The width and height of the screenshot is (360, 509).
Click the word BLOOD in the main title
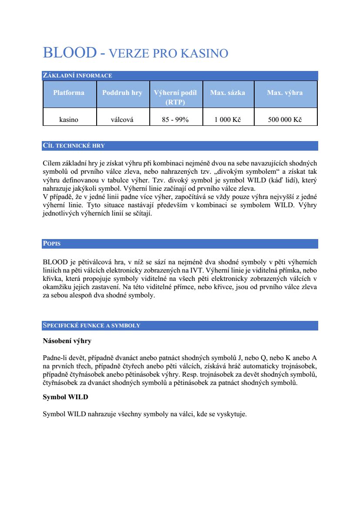pyautogui.click(x=69, y=53)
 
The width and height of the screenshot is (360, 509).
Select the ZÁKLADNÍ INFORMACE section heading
pyautogui.click(x=77, y=76)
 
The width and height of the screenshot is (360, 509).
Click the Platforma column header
pyautogui.click(x=69, y=93)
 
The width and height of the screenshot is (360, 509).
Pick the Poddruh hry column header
pyautogui.click(x=122, y=93)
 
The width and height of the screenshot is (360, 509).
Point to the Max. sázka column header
pyautogui.click(x=228, y=93)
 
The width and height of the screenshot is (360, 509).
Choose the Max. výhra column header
pyautogui.click(x=285, y=93)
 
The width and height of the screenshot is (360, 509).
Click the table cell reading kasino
pyautogui.click(x=69, y=120)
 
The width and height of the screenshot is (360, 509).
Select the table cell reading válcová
pyautogui.click(x=122, y=120)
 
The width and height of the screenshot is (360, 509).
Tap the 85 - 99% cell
pyautogui.click(x=175, y=120)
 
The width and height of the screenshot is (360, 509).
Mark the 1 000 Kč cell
pyautogui.click(x=228, y=120)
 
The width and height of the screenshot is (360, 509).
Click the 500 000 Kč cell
pyautogui.click(x=285, y=120)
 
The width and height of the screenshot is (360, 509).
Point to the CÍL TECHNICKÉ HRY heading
pyautogui.click(x=74, y=146)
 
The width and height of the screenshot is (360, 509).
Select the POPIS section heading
pyautogui.click(x=52, y=244)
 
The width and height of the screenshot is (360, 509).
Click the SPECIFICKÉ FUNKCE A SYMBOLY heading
pyautogui.click(x=91, y=326)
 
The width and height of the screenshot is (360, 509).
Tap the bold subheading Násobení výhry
pyautogui.click(x=67, y=341)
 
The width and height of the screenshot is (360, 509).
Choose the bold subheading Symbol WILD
pyautogui.click(x=65, y=398)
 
